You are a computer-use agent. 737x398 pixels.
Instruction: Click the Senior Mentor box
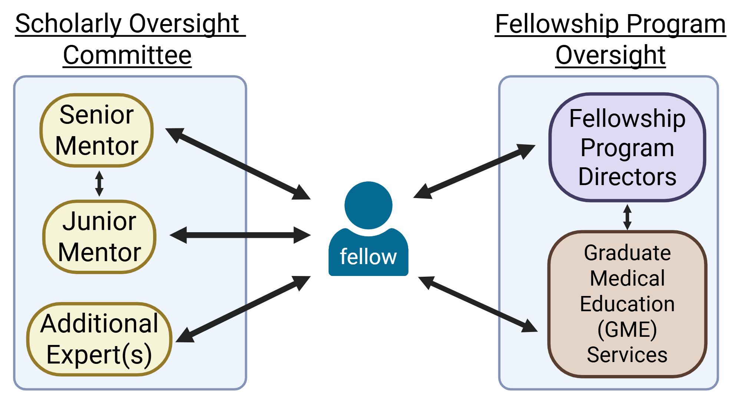[96, 130]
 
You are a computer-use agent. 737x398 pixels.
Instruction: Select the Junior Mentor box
[99, 237]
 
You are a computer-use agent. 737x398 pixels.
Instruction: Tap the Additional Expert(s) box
[99, 339]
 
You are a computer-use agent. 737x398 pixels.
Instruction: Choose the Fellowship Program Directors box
[627, 147]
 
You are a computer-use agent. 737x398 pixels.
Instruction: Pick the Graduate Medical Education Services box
[627, 304]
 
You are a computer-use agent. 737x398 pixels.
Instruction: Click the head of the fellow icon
[368, 205]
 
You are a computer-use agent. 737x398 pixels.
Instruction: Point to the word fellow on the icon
[368, 257]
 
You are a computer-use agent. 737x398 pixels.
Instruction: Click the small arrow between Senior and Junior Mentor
[99, 183]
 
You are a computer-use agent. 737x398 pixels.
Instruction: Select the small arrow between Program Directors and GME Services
[627, 217]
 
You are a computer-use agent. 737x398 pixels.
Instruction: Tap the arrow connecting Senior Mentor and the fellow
[237, 164]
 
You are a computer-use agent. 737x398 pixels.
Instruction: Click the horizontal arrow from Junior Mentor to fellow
[240, 235]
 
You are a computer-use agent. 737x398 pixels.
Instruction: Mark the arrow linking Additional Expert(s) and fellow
[243, 309]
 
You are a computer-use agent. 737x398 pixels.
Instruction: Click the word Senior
[96, 115]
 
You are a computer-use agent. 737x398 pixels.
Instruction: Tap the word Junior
[99, 221]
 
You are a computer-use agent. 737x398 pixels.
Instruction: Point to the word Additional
[99, 323]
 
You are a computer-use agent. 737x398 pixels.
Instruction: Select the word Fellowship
[627, 119]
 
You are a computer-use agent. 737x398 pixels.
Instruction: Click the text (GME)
[627, 329]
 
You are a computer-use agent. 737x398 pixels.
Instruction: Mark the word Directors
[627, 177]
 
